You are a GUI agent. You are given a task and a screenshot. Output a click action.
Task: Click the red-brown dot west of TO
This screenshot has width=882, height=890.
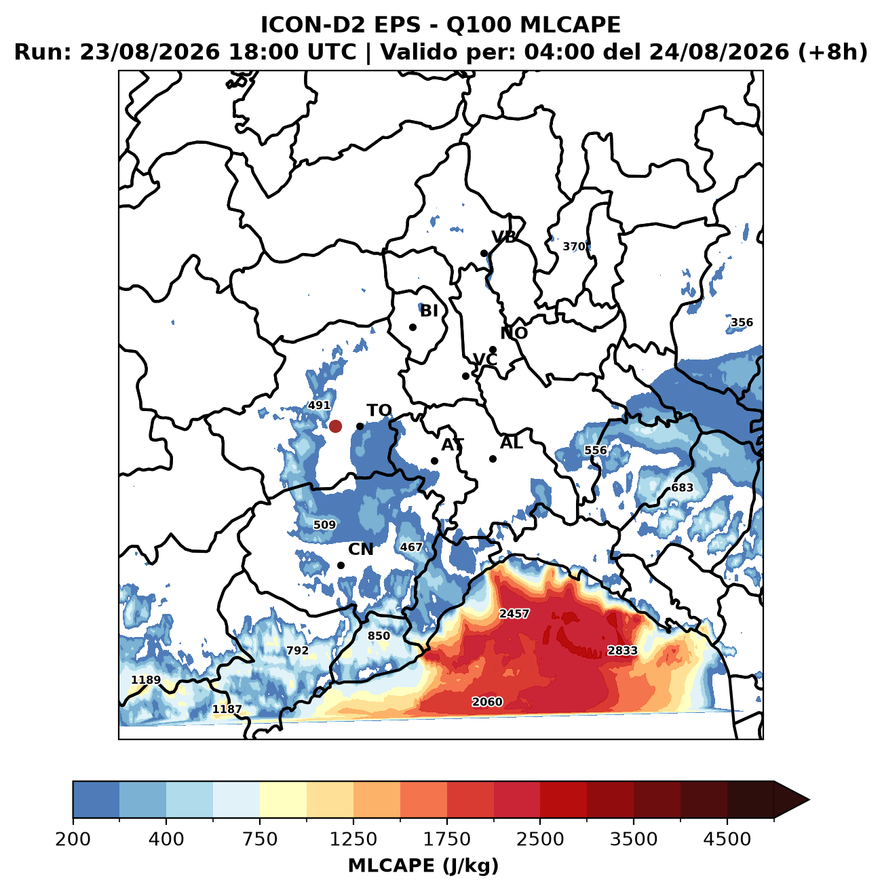click(x=335, y=426)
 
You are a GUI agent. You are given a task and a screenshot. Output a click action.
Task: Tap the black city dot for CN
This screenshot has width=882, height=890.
click(x=341, y=565)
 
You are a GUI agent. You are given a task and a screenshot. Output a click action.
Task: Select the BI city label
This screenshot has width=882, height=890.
click(x=429, y=311)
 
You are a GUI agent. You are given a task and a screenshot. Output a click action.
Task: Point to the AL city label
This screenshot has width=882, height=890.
click(x=512, y=443)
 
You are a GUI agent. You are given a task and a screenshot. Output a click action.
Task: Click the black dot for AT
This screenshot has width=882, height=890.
click(x=434, y=461)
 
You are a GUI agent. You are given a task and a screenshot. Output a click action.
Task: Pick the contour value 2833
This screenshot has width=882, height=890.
click(x=622, y=651)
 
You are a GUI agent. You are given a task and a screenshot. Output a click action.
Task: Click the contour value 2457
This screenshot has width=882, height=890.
click(x=514, y=613)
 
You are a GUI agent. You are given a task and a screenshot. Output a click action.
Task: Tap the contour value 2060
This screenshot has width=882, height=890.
click(x=487, y=702)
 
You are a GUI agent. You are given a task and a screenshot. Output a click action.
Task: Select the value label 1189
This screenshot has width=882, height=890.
click(x=146, y=680)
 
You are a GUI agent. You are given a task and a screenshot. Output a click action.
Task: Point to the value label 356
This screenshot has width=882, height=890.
click(x=742, y=322)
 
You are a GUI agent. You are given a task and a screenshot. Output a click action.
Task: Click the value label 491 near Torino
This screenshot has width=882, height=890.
click(x=320, y=406)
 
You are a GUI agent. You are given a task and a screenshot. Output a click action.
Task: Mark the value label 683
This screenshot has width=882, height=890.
click(x=683, y=488)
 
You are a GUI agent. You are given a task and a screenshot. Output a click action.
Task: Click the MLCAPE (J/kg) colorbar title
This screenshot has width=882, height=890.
click(x=423, y=866)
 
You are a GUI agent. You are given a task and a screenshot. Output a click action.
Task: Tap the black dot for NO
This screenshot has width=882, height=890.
click(x=493, y=349)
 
